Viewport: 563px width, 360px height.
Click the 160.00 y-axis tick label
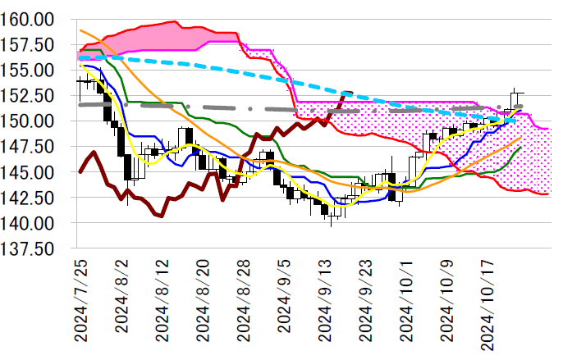pos(27,19)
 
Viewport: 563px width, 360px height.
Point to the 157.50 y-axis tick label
pos(27,44)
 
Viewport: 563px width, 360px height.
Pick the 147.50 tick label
pos(27,147)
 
